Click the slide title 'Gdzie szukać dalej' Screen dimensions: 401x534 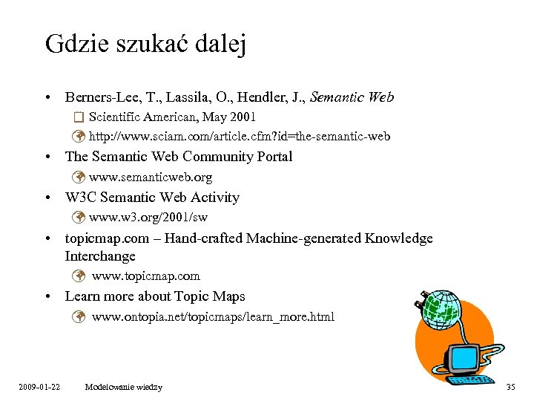click(145, 44)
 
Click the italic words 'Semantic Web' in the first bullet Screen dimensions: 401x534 click(352, 97)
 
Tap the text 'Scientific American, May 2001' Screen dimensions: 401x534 click(172, 117)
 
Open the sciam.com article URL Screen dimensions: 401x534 click(240, 136)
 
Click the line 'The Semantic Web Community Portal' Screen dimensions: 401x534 click(179, 156)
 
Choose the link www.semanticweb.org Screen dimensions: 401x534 click(151, 177)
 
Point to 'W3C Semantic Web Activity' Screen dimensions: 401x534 click(152, 197)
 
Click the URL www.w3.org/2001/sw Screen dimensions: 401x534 click(148, 217)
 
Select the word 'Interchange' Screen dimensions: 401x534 click(100, 256)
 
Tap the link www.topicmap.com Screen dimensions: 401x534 click(146, 276)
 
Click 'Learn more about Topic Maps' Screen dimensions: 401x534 click(155, 296)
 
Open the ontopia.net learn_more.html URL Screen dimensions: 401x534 click(213, 317)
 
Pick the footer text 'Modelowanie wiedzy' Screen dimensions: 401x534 click(124, 387)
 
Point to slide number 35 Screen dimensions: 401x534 click(510, 387)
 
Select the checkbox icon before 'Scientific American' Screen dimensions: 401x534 click(79, 117)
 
